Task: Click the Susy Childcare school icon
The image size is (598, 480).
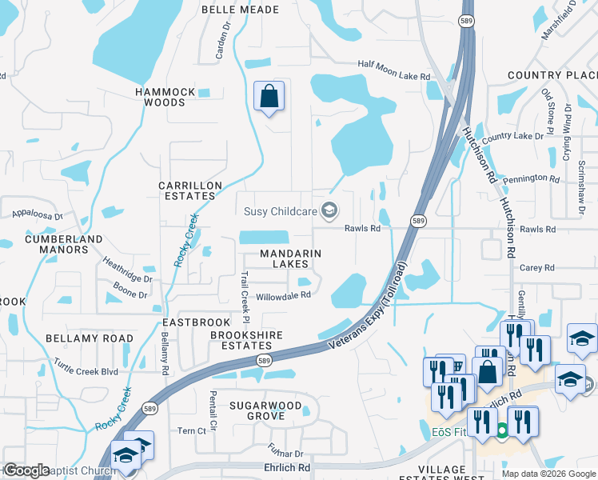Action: point(328,210)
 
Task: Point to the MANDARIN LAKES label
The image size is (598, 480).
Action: point(279,258)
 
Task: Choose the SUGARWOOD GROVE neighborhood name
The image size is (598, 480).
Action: point(266,410)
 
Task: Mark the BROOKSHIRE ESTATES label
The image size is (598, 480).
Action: point(241,340)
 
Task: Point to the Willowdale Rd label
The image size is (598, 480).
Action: point(282,295)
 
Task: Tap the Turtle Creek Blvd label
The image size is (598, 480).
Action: point(86,371)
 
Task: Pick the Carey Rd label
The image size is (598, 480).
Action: point(537,268)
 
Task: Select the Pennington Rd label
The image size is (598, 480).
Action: point(532,178)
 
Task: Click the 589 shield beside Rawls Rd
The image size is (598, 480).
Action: point(417,220)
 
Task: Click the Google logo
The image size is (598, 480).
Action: point(26,470)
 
